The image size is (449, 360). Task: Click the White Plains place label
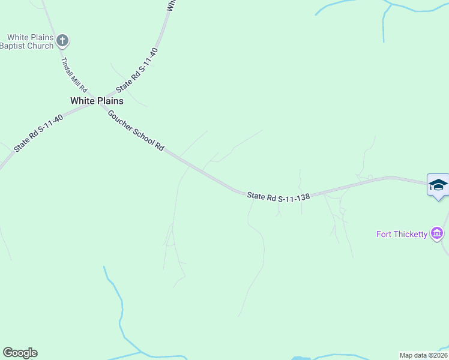click(97, 101)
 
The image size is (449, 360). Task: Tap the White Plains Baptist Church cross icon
click(63, 41)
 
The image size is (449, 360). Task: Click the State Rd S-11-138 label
click(279, 196)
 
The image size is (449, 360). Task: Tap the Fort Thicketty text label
click(402, 234)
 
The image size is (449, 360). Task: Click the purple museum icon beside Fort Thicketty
click(437, 233)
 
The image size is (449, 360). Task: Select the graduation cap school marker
click(438, 184)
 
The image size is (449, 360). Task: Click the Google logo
click(20, 353)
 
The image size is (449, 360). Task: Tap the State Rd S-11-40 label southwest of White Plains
click(38, 133)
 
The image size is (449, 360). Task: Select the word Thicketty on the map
click(410, 234)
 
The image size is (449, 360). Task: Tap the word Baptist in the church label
click(14, 46)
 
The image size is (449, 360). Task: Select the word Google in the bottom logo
click(20, 353)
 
